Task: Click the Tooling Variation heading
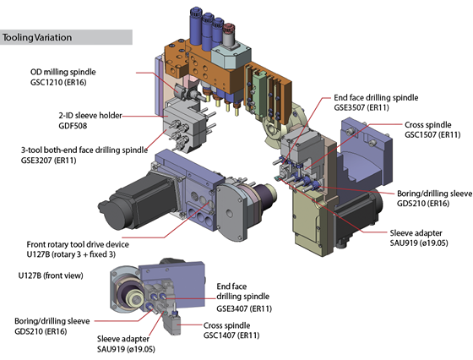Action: (37, 37)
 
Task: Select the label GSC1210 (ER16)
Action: (58, 82)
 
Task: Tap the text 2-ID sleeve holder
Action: (90, 115)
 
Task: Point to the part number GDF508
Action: (73, 126)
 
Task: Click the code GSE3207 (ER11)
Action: (48, 161)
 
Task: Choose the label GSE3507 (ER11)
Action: (362, 107)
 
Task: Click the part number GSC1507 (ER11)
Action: (432, 134)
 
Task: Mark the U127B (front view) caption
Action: (51, 275)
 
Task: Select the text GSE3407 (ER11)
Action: (244, 308)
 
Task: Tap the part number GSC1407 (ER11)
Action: (231, 335)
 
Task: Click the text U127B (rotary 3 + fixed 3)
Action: (71, 254)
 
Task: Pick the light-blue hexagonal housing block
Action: (231, 57)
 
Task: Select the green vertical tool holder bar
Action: (258, 95)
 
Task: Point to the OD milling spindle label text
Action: (63, 72)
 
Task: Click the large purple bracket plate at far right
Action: (367, 154)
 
